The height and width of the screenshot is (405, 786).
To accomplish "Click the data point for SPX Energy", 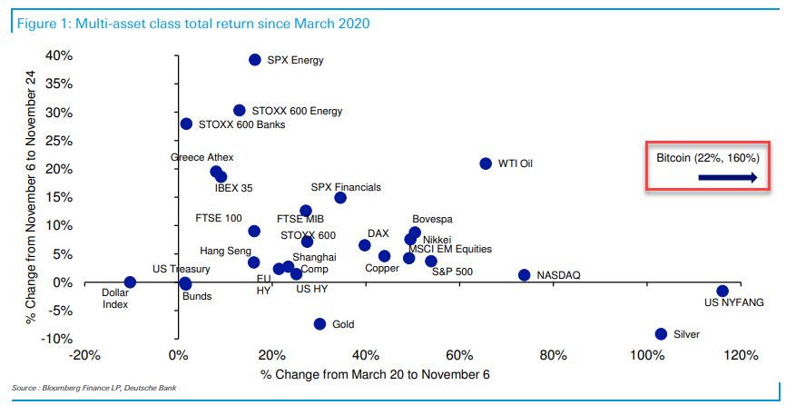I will click(x=255, y=60).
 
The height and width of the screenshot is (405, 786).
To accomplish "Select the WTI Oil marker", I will click(x=486, y=163).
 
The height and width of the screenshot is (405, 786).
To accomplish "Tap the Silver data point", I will click(x=661, y=334).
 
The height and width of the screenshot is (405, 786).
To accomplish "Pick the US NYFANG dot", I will click(x=722, y=291).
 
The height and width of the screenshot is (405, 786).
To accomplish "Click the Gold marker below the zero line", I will click(x=319, y=324).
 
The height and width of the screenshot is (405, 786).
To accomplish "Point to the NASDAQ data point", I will click(x=524, y=275).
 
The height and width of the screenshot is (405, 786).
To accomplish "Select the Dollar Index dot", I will click(x=130, y=282).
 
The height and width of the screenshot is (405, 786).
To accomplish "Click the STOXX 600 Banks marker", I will click(x=186, y=124).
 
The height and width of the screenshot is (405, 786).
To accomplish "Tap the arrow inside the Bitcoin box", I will click(x=727, y=179).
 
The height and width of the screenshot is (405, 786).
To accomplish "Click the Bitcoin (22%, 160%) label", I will click(x=706, y=157).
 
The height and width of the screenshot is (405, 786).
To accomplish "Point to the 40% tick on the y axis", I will click(x=59, y=56).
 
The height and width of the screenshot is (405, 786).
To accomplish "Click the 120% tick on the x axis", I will click(x=742, y=354).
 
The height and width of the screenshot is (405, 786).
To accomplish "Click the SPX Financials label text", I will click(x=346, y=187).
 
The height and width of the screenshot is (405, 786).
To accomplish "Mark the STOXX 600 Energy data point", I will click(x=240, y=111).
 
